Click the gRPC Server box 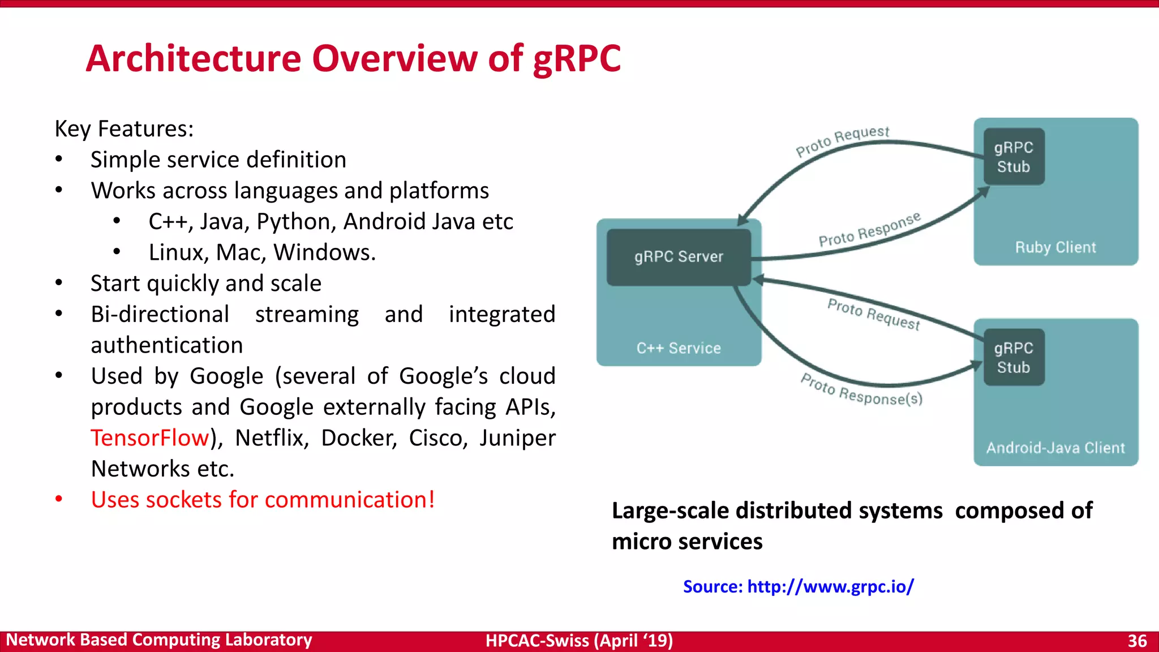[679, 257]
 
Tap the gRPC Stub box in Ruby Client [1014, 157]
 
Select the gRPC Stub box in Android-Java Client [1014, 358]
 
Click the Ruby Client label [1055, 247]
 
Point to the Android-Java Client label [1055, 448]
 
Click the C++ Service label [679, 348]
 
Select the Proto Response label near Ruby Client [869, 230]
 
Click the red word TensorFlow [150, 438]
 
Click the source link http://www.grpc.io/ [830, 586]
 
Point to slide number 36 [1137, 641]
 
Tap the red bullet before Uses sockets [59, 499]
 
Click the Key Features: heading [124, 129]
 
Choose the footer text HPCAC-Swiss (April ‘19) [579, 641]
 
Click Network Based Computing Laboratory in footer [159, 640]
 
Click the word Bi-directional [160, 314]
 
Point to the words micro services [687, 542]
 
